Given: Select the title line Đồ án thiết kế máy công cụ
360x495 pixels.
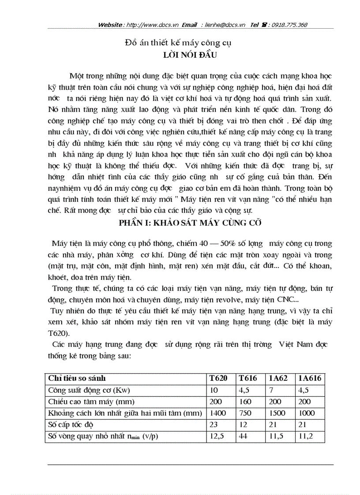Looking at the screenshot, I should tap(179, 43).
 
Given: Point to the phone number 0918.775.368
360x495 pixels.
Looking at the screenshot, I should tap(289, 25).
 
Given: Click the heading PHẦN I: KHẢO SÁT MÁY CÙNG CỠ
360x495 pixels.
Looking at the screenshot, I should tap(190, 223).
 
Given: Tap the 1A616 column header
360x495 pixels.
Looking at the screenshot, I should tap(310, 378).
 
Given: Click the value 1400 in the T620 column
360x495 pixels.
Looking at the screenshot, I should tap(217, 413).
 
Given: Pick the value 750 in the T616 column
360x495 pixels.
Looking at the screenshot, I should tap(245, 413).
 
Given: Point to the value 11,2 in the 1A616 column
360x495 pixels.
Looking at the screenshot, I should tap(304, 436).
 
